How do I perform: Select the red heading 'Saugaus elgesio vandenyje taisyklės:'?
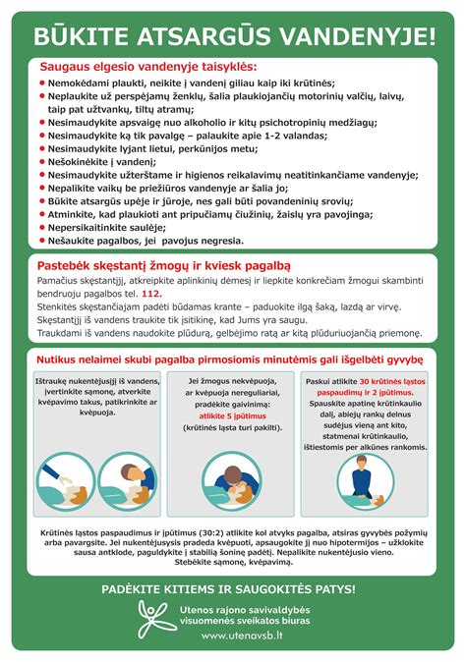(148, 67)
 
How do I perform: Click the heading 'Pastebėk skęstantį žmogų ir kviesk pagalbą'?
(164, 265)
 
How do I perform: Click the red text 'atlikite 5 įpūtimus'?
(232, 415)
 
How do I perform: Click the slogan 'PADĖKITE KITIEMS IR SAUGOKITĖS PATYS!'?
(233, 588)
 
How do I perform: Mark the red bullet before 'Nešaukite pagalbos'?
(42, 240)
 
